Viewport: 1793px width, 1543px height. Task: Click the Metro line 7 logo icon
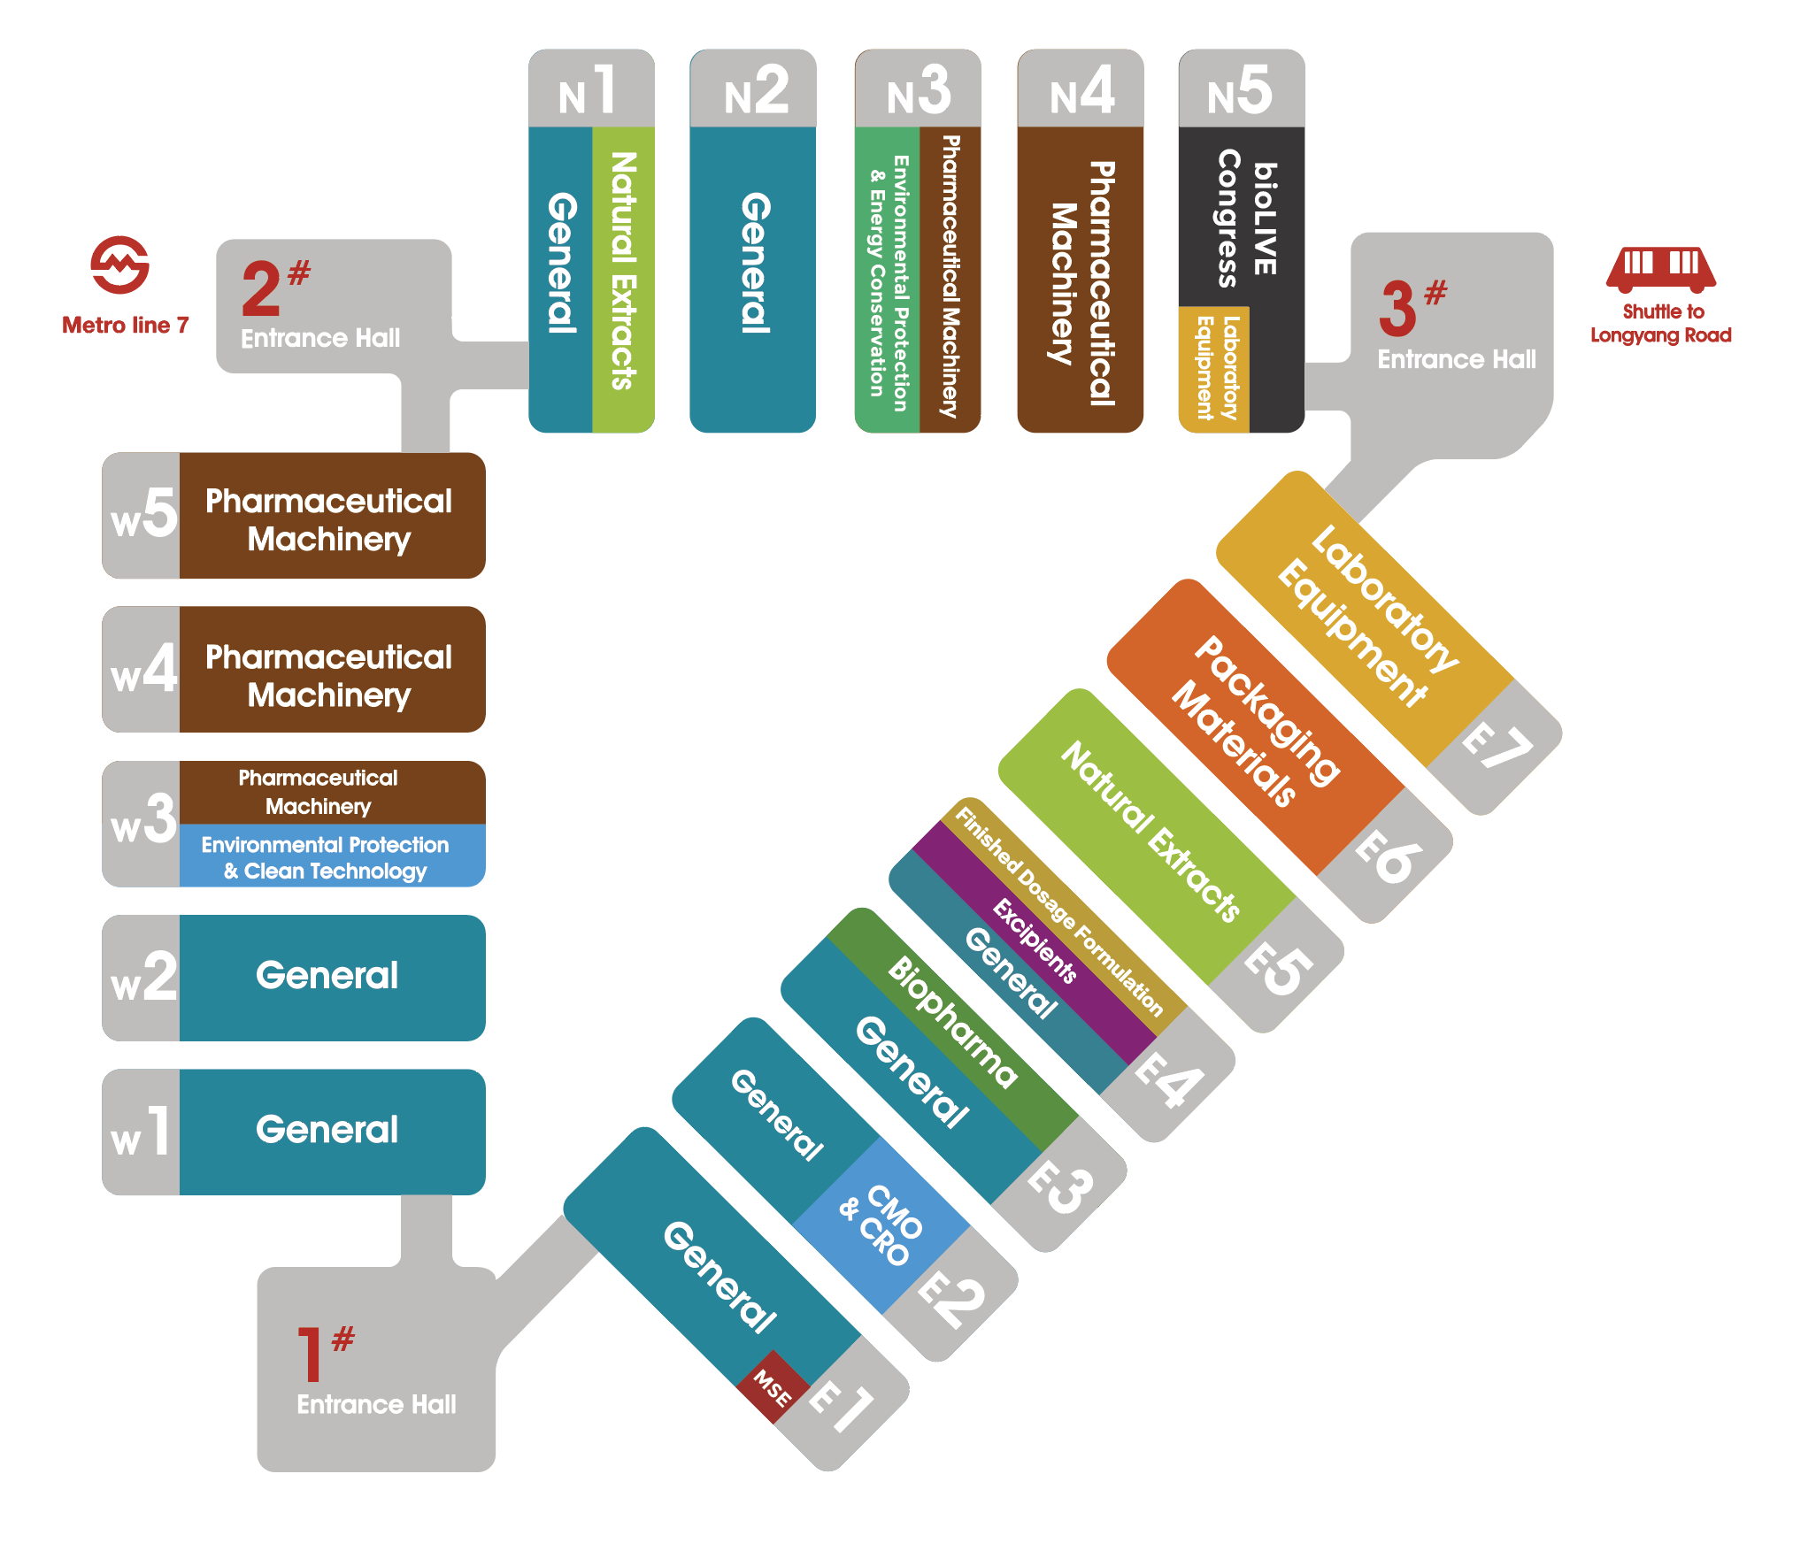pyautogui.click(x=119, y=265)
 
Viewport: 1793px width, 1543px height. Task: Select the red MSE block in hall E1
pyautogui.click(x=773, y=1387)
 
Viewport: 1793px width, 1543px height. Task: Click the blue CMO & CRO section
pyautogui.click(x=881, y=1225)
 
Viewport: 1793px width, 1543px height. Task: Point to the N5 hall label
pyautogui.click(x=1241, y=91)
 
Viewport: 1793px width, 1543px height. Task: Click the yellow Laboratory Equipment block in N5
pyautogui.click(x=1214, y=369)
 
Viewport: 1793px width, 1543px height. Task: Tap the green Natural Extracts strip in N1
pyautogui.click(x=623, y=280)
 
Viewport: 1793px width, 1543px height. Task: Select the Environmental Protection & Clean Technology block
pyautogui.click(x=332, y=856)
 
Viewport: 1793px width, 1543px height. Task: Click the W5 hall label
pyautogui.click(x=143, y=515)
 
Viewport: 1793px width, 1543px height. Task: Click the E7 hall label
pyautogui.click(x=1497, y=745)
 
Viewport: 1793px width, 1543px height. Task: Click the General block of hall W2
pyautogui.click(x=332, y=978)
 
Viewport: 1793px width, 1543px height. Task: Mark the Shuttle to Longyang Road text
pyautogui.click(x=1661, y=323)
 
